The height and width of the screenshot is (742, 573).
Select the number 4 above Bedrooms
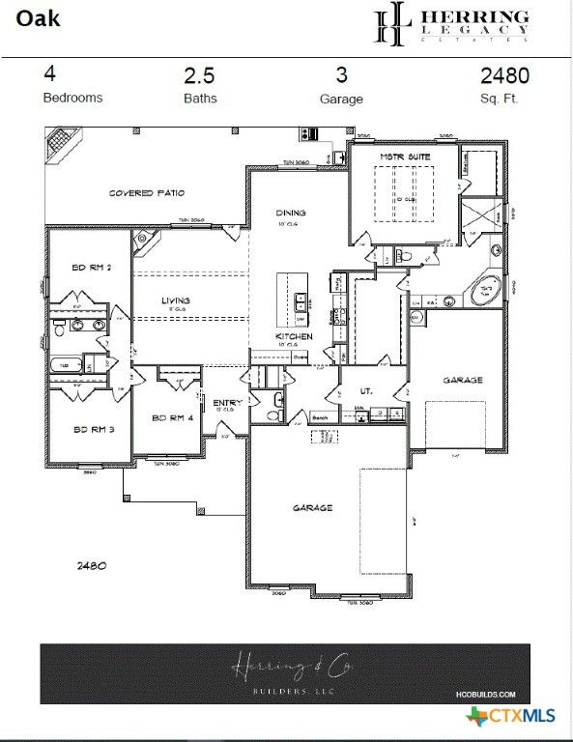coord(49,74)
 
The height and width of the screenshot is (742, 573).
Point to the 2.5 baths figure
coord(200,75)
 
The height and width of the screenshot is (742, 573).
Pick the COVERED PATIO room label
coord(147,193)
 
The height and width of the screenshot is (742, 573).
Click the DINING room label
coord(290,213)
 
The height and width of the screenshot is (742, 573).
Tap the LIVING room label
coord(176,300)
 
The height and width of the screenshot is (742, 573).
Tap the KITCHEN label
coord(293,336)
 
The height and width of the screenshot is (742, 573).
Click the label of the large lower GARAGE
coord(313,507)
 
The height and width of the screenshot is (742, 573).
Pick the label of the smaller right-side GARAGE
coord(463,380)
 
